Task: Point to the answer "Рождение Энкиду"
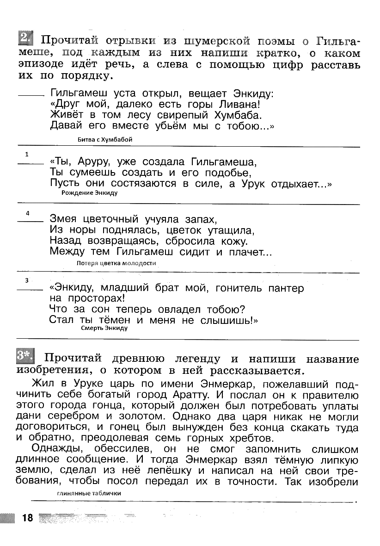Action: tap(89, 193)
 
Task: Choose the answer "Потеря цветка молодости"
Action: tap(116, 263)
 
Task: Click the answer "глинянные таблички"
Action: tap(89, 493)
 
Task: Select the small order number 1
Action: tap(27, 154)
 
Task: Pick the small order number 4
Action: tap(28, 213)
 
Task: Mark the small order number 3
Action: tap(27, 280)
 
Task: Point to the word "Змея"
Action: tap(64, 219)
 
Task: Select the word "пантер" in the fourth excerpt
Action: tap(286, 288)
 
